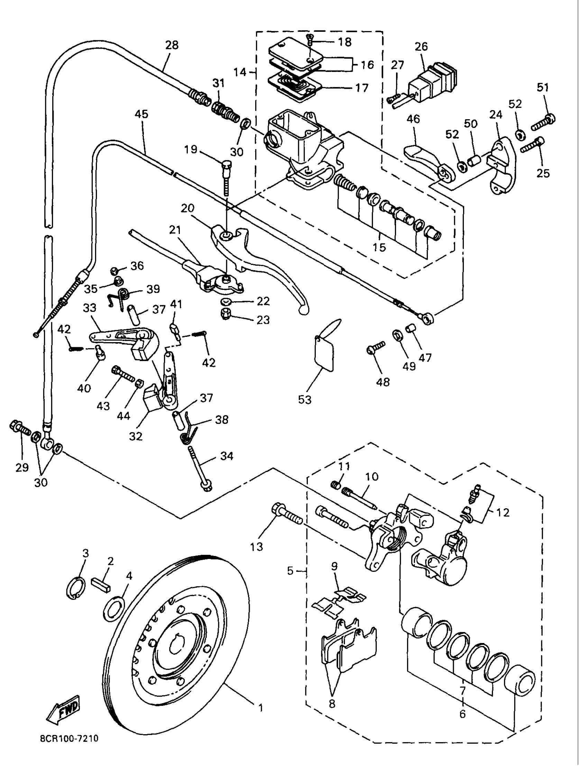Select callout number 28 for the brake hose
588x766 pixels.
172,45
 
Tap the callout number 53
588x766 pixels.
304,399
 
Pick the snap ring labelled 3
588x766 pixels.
75,590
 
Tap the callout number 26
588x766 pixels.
421,47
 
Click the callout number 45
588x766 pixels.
142,114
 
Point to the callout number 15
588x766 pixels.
379,247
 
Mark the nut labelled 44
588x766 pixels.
139,383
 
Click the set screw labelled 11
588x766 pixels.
336,484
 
